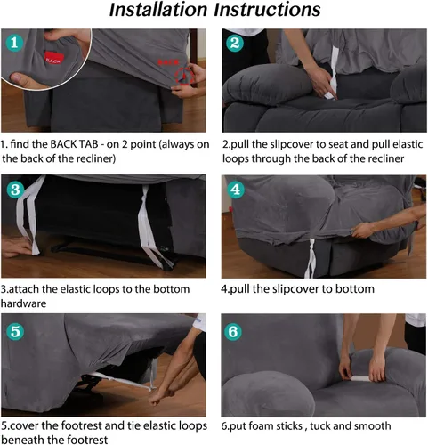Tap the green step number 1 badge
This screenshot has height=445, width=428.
[14, 43]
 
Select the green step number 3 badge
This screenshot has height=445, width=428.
[15, 190]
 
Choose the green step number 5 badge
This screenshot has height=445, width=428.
[15, 332]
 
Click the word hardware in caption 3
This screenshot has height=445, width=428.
[26, 303]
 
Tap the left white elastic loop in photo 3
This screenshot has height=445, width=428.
[27, 222]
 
